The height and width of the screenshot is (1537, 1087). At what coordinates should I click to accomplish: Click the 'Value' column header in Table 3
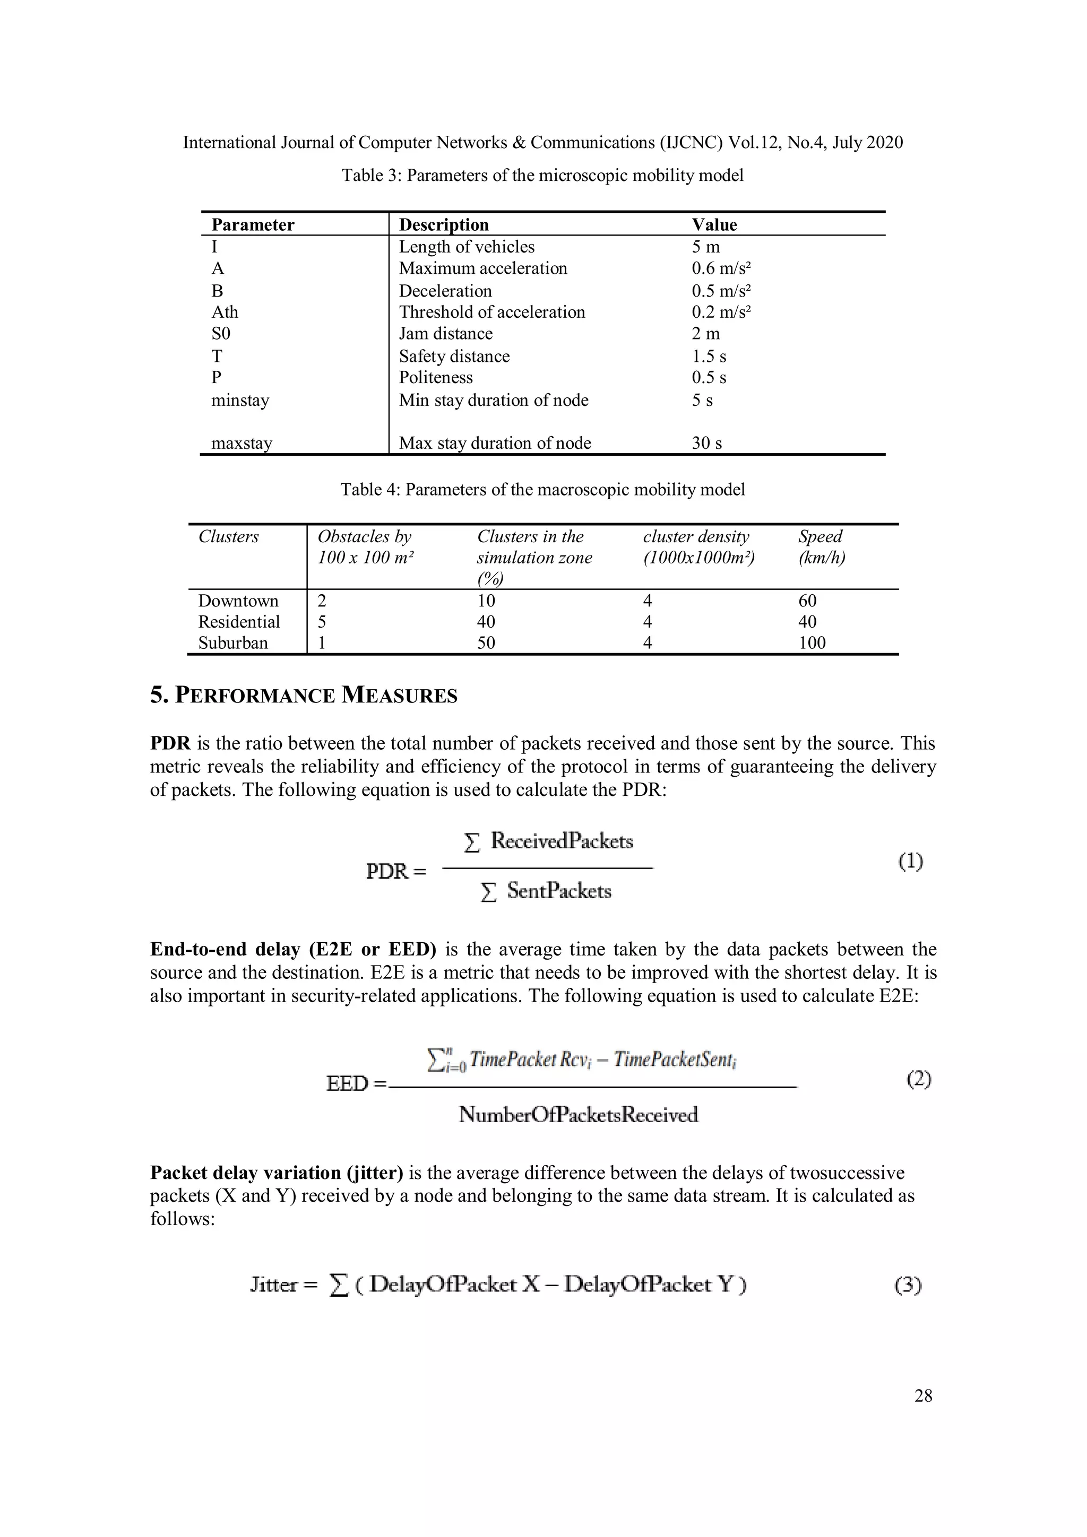click(x=714, y=224)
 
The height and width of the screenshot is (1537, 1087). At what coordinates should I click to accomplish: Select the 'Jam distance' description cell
click(x=445, y=333)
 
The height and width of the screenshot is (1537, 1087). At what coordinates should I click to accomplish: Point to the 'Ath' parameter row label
click(x=225, y=312)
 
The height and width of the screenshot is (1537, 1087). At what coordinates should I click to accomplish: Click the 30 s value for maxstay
click(x=706, y=442)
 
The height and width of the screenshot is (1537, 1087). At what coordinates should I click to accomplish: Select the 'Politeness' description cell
click(x=436, y=378)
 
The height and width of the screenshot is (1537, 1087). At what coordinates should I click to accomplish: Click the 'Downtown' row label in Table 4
click(x=238, y=601)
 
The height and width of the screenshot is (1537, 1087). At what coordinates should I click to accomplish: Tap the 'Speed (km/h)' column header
click(x=821, y=547)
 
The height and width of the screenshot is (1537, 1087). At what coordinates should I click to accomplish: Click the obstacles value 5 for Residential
click(x=322, y=622)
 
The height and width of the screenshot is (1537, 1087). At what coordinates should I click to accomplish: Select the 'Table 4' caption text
click(x=542, y=489)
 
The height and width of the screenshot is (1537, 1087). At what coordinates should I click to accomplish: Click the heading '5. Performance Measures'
click(x=304, y=696)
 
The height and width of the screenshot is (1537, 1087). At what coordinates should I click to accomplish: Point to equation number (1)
click(x=910, y=861)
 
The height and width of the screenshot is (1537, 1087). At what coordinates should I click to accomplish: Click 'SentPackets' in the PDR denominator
click(x=558, y=891)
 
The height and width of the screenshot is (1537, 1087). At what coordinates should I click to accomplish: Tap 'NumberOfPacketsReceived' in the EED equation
click(x=579, y=1115)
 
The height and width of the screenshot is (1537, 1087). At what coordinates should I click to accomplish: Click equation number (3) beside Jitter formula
click(x=908, y=1284)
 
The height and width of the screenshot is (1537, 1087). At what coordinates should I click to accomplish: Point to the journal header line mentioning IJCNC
click(x=542, y=143)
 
